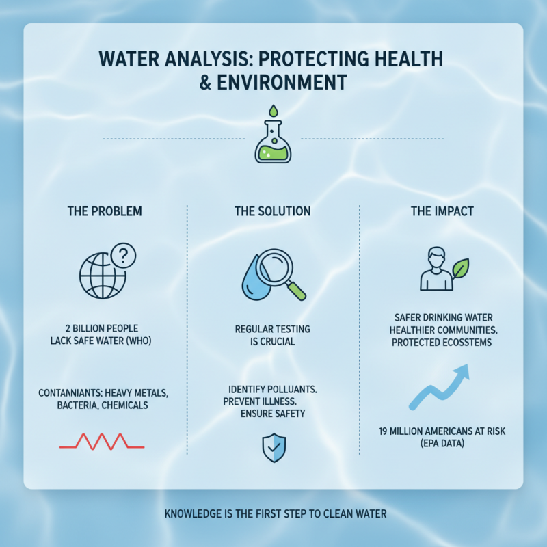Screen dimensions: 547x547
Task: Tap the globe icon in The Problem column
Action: pyautogui.click(x=101, y=277)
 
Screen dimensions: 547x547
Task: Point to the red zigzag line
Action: pyautogui.click(x=102, y=442)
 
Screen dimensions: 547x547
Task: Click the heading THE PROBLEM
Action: pyautogui.click(x=105, y=211)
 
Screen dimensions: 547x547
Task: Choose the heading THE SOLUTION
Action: pyautogui.click(x=272, y=211)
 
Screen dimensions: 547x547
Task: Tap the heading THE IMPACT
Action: pyautogui.click(x=440, y=211)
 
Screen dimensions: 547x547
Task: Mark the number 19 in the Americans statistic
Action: pyautogui.click(x=384, y=431)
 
